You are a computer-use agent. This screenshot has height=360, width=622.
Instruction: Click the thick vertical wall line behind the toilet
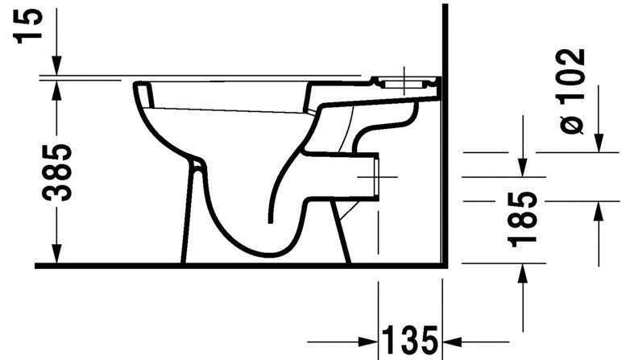(445, 161)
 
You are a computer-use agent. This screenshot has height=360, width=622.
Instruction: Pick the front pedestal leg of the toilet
(191, 217)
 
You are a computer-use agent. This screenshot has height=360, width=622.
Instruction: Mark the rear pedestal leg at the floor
(342, 242)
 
